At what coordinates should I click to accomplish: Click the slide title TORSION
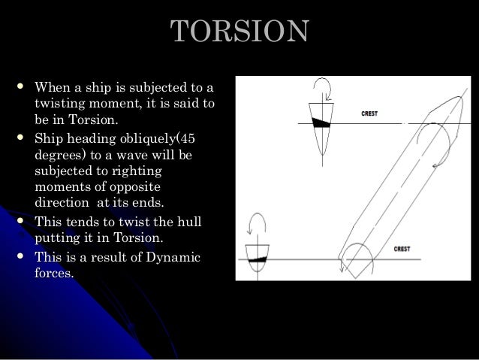239,31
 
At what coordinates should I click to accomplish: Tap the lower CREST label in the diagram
402,249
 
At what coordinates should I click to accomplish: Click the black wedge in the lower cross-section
258,259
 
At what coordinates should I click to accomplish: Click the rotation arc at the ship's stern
345,259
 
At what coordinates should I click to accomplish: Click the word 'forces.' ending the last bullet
54,274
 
